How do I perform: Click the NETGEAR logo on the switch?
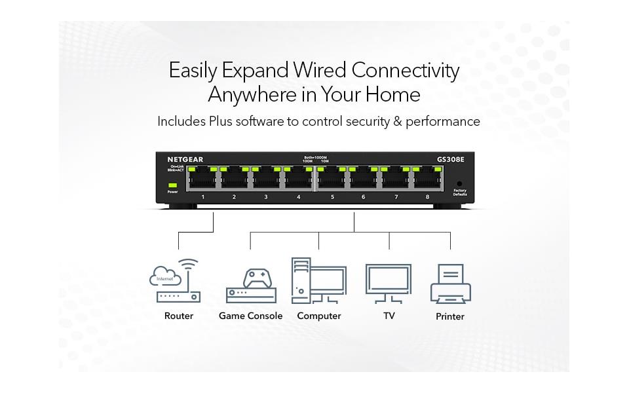pyautogui.click(x=185, y=159)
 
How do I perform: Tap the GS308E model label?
pyautogui.click(x=451, y=159)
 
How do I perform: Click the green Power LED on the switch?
pyautogui.click(x=172, y=185)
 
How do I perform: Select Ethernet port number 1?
pyautogui.click(x=202, y=179)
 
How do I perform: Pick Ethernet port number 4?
pyautogui.click(x=299, y=179)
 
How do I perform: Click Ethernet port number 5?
pyautogui.click(x=332, y=179)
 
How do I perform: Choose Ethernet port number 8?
pyautogui.click(x=427, y=179)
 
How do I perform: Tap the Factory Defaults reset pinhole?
pyautogui.click(x=459, y=183)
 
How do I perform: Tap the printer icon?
pyautogui.click(x=450, y=284)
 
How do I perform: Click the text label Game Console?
pyautogui.click(x=251, y=316)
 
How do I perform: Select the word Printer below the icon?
pyautogui.click(x=450, y=316)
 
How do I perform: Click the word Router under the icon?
pyautogui.click(x=179, y=316)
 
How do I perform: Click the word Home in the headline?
pyautogui.click(x=392, y=95)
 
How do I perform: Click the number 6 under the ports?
pyautogui.click(x=364, y=196)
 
